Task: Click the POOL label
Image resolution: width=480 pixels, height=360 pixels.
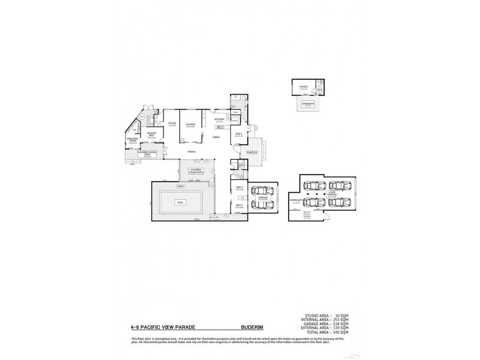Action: [x=180, y=203]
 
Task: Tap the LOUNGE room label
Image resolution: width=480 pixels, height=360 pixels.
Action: [x=190, y=124]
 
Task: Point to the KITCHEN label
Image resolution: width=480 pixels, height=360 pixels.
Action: [x=220, y=119]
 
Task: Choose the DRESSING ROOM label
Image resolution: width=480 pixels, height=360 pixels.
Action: [x=133, y=142]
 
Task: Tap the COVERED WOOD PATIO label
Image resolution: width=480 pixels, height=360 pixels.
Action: [x=196, y=170]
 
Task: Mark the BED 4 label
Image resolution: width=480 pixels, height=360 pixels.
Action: [x=238, y=133]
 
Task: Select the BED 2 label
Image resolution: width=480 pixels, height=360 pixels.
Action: [x=239, y=205]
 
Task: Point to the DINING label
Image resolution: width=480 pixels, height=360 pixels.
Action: [x=192, y=151]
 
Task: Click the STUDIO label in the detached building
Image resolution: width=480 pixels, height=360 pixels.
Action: [x=304, y=87]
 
